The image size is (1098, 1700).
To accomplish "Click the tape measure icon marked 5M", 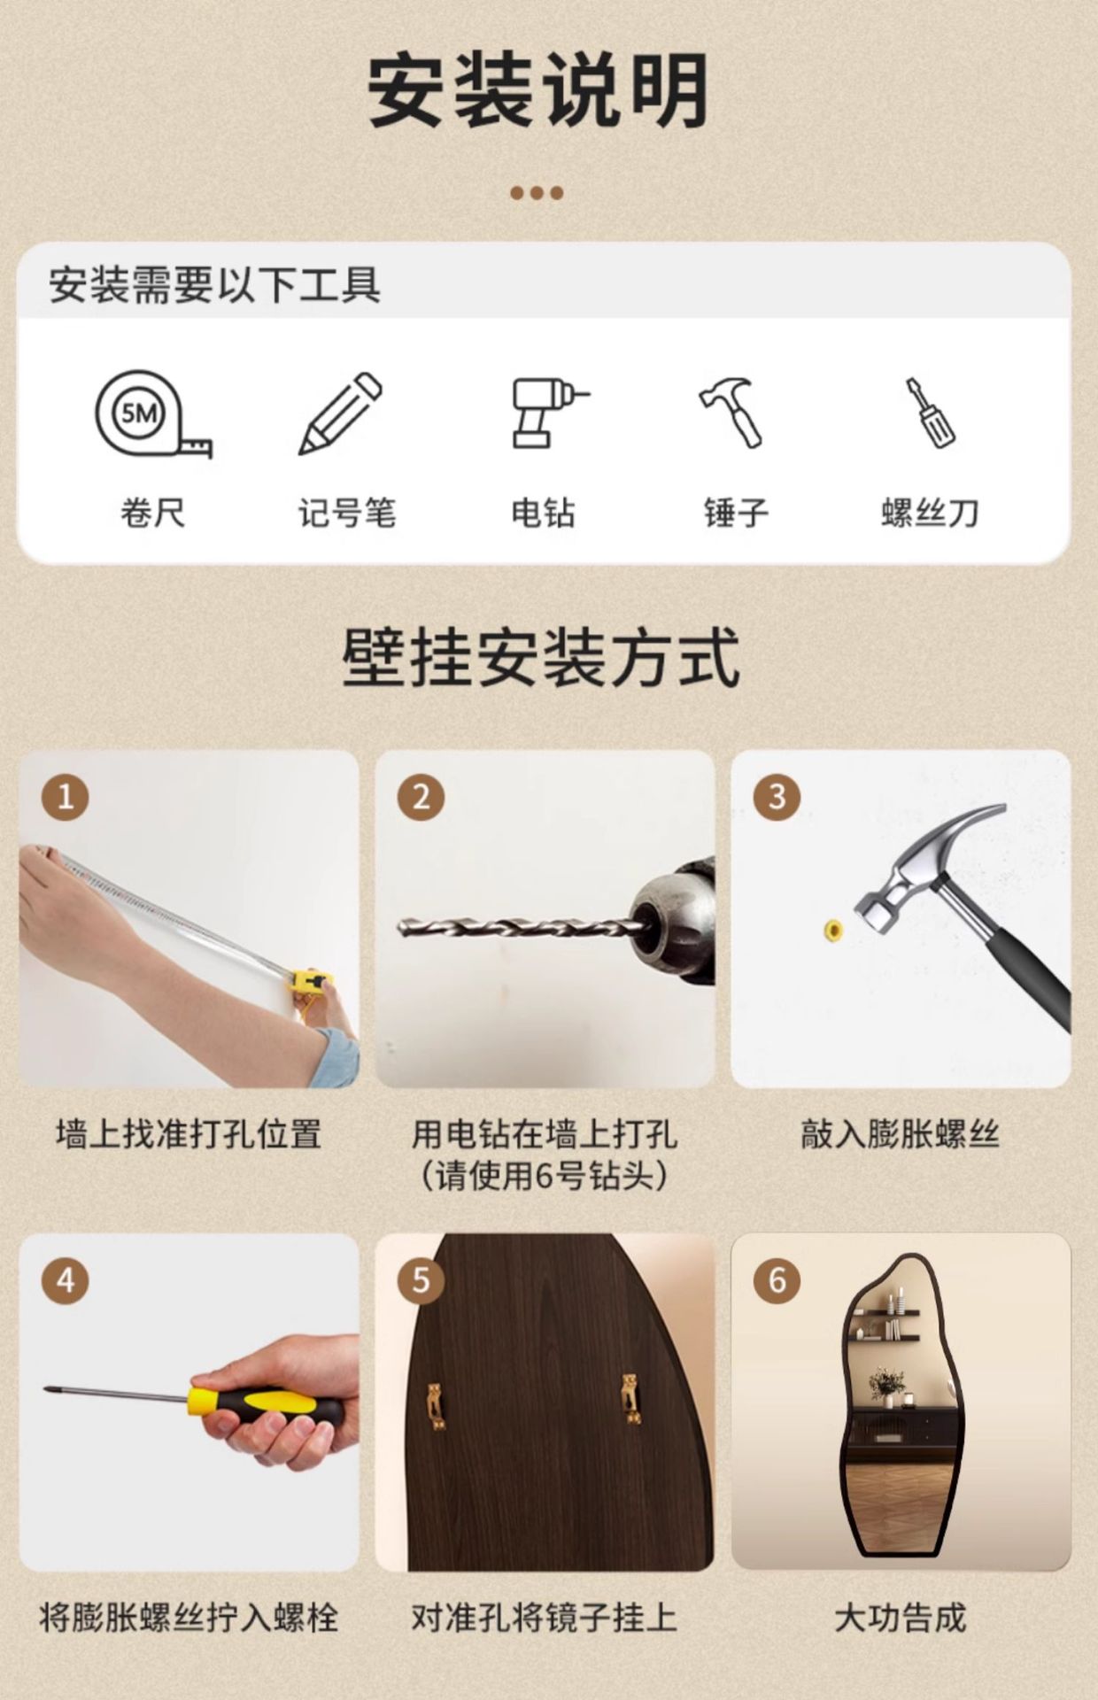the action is pos(152,414).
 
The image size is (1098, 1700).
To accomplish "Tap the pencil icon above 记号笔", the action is pos(340,413).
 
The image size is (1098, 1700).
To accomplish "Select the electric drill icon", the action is pos(549,413).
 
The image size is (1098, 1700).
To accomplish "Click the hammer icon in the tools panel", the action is pos(731,413).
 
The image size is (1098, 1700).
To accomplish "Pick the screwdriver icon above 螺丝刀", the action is pos(929,413).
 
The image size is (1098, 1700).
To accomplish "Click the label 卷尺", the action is pos(152,513).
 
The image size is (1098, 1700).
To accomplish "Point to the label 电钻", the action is pos(543,513).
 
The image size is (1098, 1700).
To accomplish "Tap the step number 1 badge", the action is pos(66,797).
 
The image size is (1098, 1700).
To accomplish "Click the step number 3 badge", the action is pos(777,797).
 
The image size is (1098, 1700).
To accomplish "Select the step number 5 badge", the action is pos(421,1279).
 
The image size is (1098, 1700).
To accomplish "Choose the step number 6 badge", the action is pos(777,1279).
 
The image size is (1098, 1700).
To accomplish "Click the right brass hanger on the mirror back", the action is pos(630,1398).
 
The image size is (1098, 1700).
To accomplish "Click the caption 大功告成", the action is pos(900,1618).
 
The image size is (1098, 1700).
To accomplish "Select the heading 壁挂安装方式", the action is pos(541,657).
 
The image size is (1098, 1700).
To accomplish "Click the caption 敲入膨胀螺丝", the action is pos(900,1134).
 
